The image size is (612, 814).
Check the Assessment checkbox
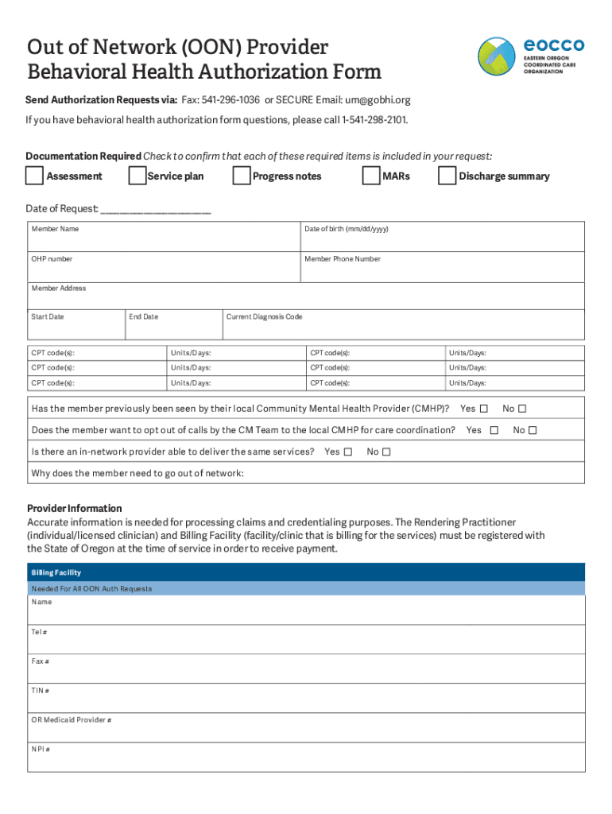[x=35, y=175]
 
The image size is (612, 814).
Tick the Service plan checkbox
[x=137, y=175]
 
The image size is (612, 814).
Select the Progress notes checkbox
[x=241, y=175]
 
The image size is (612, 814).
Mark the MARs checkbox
[x=370, y=175]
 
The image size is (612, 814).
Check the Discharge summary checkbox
[x=447, y=175]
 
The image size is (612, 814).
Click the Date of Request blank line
[x=156, y=209]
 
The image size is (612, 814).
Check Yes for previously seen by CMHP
[x=484, y=409]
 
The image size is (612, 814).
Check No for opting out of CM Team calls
[x=533, y=431]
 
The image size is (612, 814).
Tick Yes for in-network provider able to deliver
[x=349, y=452]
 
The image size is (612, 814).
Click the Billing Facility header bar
[x=306, y=572]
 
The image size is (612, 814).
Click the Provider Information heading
[x=75, y=508]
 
